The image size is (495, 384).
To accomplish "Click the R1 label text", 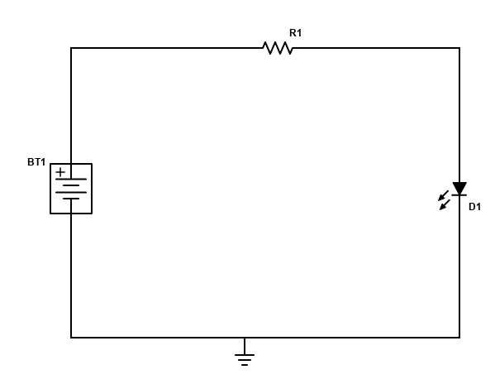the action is click(295, 33).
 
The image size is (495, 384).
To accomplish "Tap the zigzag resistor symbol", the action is click(278, 48).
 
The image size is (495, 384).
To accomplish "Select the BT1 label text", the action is click(36, 162).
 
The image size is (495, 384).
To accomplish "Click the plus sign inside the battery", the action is click(60, 172).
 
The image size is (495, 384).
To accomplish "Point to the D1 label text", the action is click(475, 207).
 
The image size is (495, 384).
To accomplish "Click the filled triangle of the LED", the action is click(459, 188).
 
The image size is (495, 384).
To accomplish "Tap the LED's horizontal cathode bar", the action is click(459, 195).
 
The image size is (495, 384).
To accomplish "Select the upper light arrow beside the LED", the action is click(443, 195).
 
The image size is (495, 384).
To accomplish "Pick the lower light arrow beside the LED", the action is click(445, 204).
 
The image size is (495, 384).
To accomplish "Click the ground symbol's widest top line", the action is click(245, 355).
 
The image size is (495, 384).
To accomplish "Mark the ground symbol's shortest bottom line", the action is click(245, 365).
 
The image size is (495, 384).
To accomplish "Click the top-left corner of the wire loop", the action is click(71, 48).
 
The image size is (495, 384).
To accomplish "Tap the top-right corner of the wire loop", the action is click(459, 48).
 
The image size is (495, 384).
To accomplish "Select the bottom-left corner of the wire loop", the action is click(71, 338).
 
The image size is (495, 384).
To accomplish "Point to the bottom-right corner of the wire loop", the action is click(459, 338).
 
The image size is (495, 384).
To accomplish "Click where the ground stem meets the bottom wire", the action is click(245, 338).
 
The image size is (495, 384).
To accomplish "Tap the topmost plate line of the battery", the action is click(71, 180).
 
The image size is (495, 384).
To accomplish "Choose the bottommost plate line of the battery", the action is click(71, 199).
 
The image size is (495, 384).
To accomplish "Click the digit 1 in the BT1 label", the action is click(43, 162).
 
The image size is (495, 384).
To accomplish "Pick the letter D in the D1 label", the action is click(472, 207).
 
